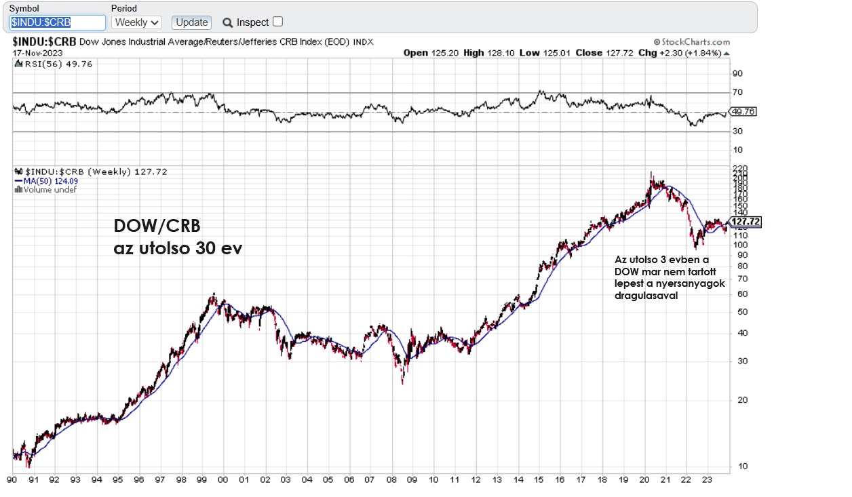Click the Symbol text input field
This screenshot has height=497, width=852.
pos(58,22)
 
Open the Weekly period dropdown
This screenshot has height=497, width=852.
pos(136,22)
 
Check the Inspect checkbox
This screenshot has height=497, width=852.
pos(277,22)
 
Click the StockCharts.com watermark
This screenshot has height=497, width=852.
pos(691,42)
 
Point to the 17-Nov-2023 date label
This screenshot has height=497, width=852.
pos(37,52)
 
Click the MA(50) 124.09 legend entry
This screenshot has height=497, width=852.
pos(46,181)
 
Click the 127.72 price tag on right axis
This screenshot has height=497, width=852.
pos(745,222)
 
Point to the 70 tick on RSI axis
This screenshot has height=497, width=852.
pos(737,92)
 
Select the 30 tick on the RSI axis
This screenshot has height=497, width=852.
pos(737,132)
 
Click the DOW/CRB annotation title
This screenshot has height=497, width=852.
pos(157,226)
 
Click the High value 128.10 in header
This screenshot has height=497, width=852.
pos(499,53)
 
